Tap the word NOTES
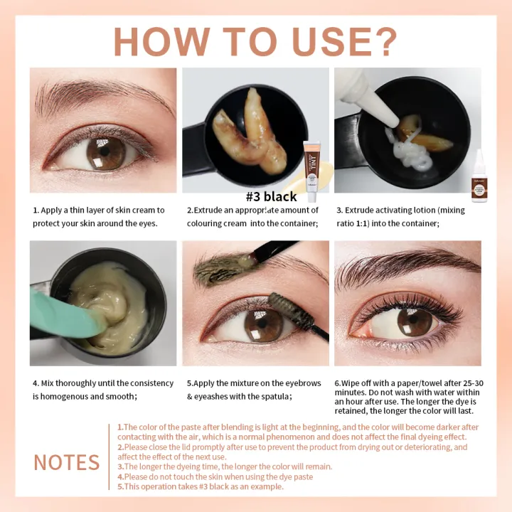click(x=66, y=462)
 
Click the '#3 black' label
click(x=271, y=197)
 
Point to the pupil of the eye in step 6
click(x=414, y=322)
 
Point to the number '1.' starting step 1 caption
click(x=36, y=210)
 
